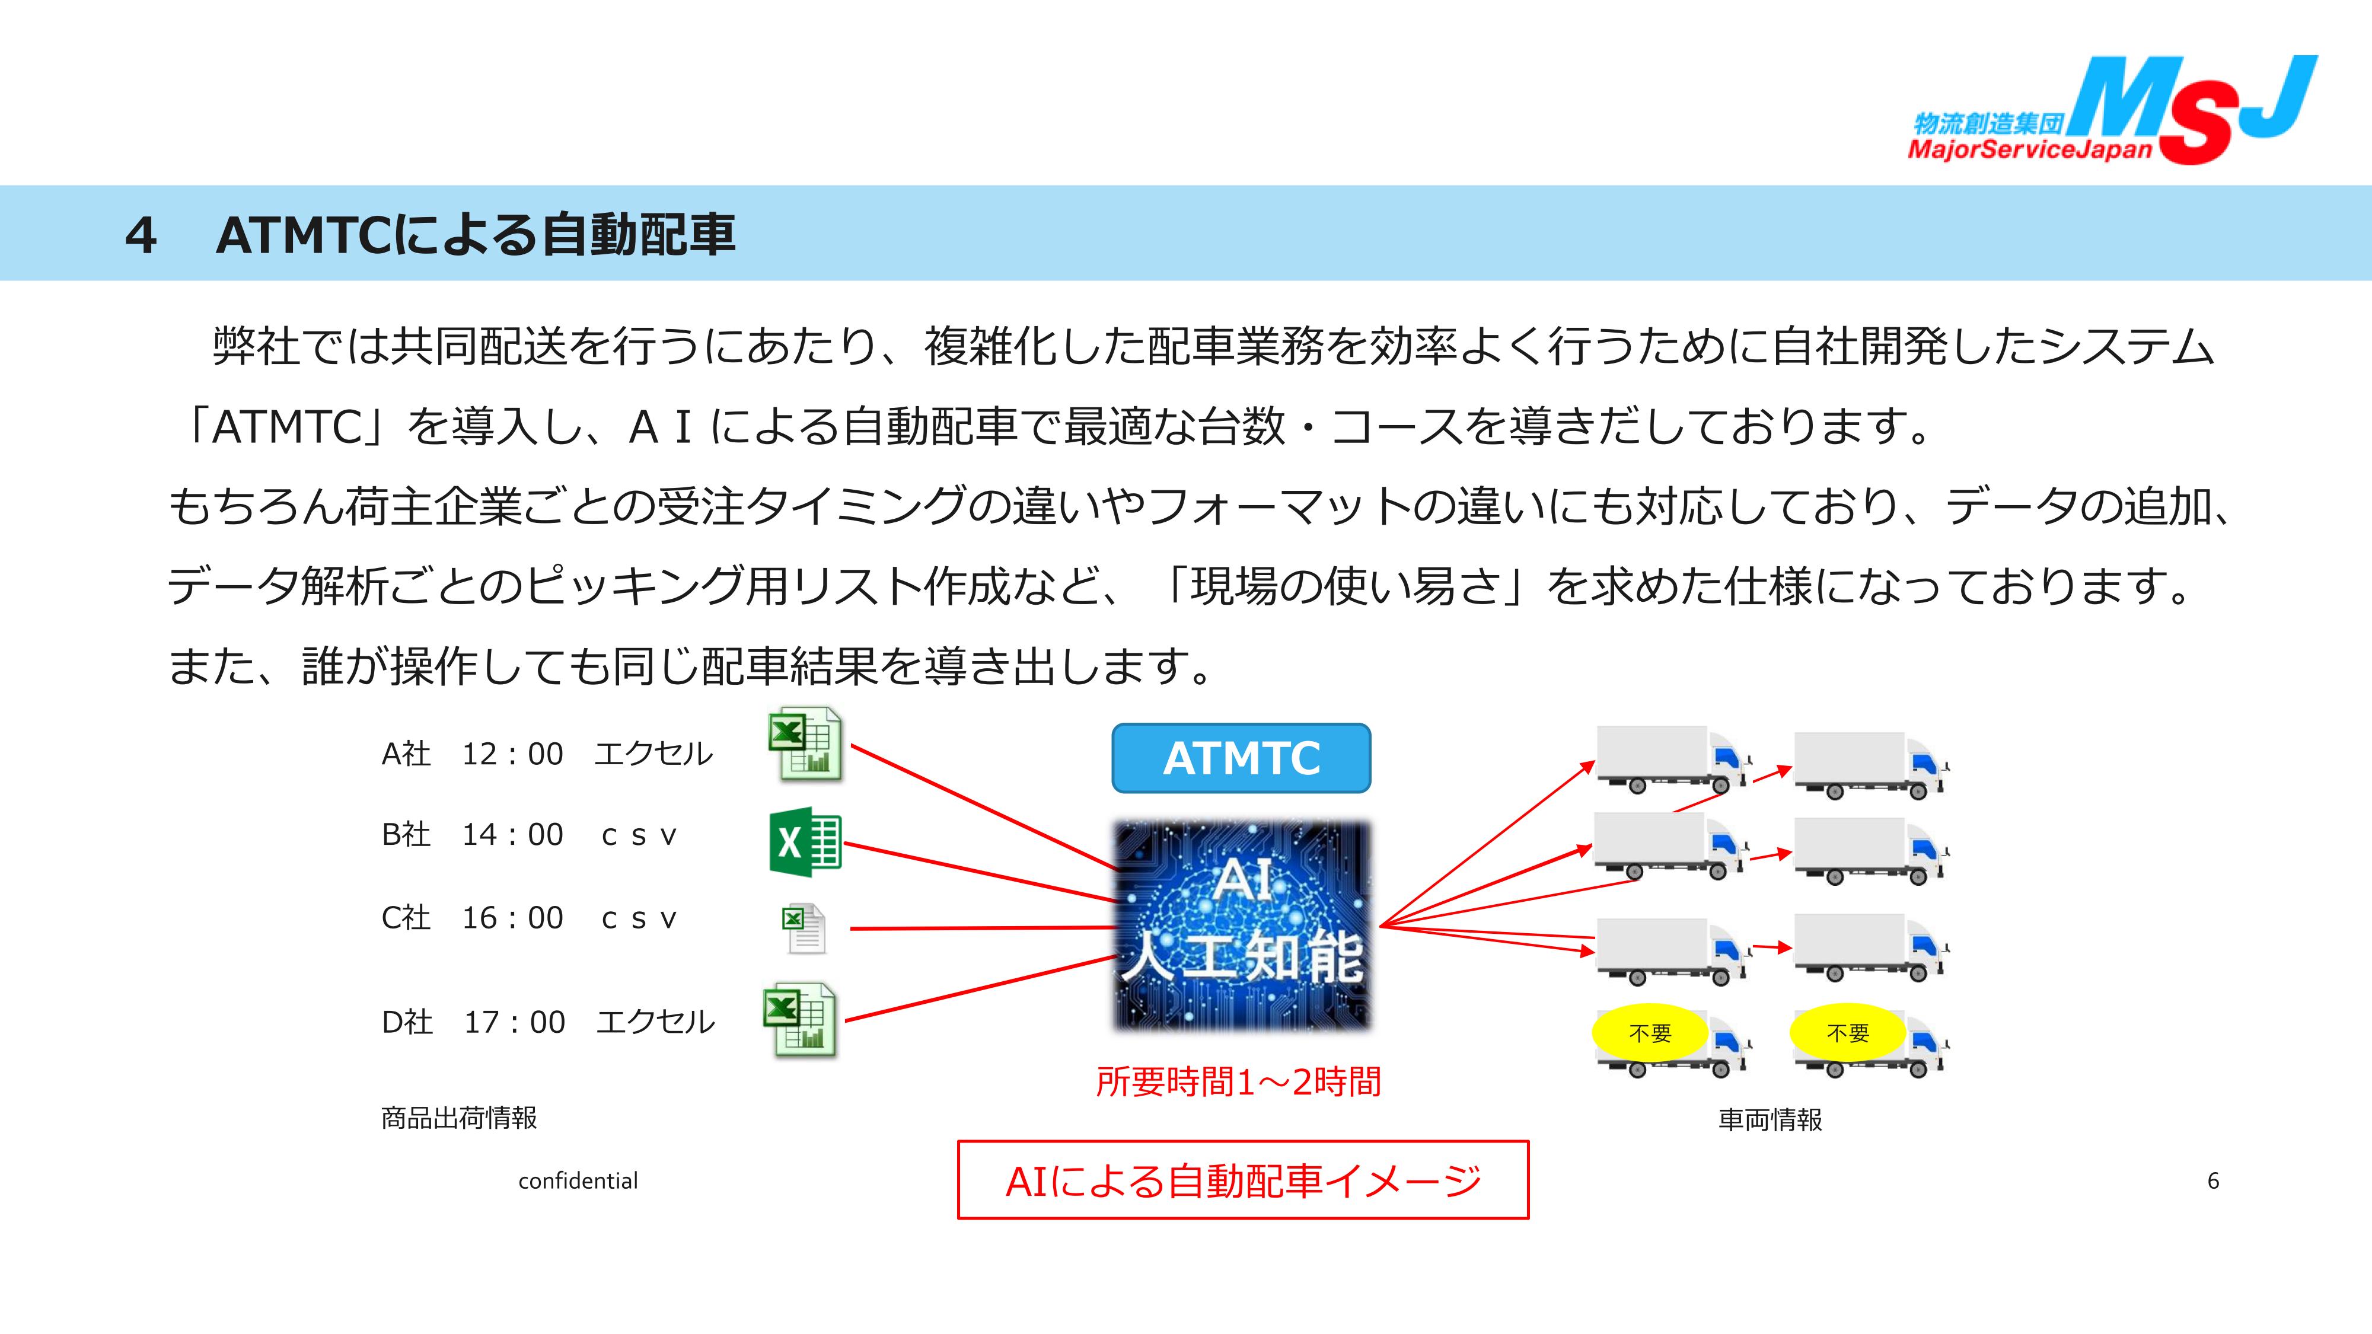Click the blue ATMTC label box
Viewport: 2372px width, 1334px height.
[1241, 758]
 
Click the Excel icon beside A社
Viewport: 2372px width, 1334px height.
[805, 744]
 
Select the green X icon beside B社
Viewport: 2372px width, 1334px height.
[805, 841]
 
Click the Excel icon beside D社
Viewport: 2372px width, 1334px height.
[799, 1019]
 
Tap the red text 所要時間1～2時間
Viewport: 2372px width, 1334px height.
[1239, 1082]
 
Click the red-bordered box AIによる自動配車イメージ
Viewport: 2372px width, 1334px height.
[1242, 1180]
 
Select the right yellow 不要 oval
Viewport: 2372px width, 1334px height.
[1847, 1033]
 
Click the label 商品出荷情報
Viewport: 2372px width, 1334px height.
[458, 1118]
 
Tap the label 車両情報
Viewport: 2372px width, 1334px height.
[1770, 1119]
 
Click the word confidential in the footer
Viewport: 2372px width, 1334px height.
[578, 1181]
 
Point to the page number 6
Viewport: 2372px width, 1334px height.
[2212, 1181]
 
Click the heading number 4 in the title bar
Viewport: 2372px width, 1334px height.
[141, 236]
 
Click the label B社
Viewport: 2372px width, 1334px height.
[406, 834]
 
